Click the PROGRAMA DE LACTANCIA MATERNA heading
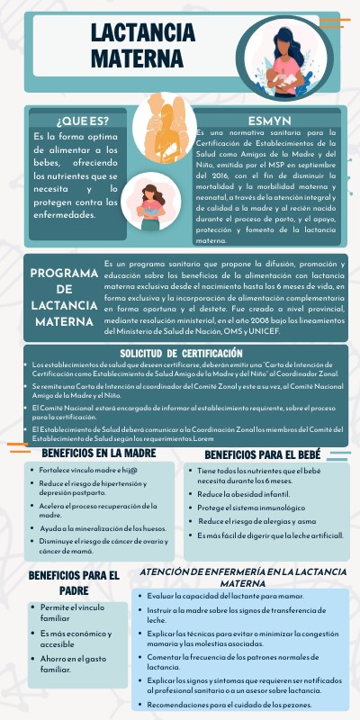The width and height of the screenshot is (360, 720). (x=64, y=297)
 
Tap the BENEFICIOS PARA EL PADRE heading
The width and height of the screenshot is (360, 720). (x=74, y=581)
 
